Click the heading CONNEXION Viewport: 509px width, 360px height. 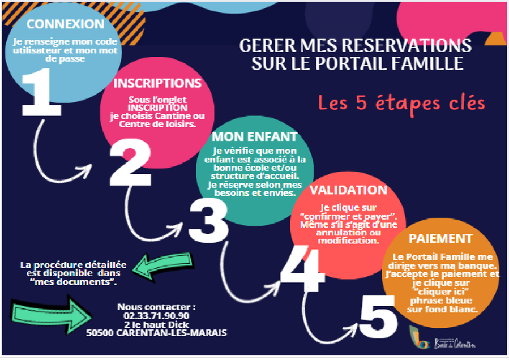pos(66,24)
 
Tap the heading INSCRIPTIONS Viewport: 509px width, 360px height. pos(157,83)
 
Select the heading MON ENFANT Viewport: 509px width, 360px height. pos(254,136)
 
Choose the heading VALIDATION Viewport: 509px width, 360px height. pos(349,190)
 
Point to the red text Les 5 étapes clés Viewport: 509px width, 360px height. pos(401,104)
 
